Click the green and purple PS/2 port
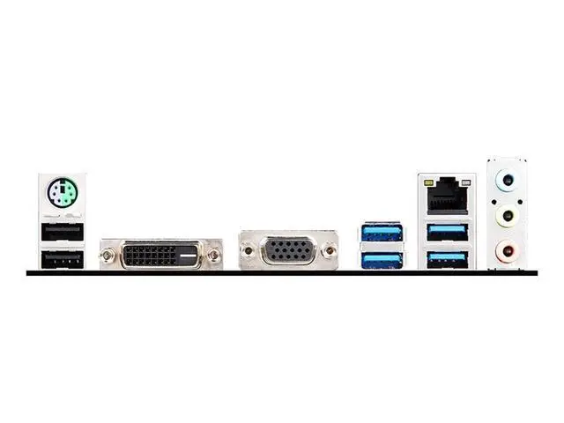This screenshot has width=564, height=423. [61, 192]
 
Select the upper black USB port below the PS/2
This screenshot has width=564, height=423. [62, 232]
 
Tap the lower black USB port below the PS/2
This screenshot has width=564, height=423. [62, 258]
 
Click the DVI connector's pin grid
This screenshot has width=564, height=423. [152, 256]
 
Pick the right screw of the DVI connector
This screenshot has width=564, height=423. [214, 256]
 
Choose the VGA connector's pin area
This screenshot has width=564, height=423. [287, 250]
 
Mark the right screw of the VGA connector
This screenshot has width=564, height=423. [328, 251]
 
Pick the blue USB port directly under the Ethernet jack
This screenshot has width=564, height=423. [446, 233]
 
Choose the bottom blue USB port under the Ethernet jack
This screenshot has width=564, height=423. [446, 258]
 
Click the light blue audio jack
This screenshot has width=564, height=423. [506, 182]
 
